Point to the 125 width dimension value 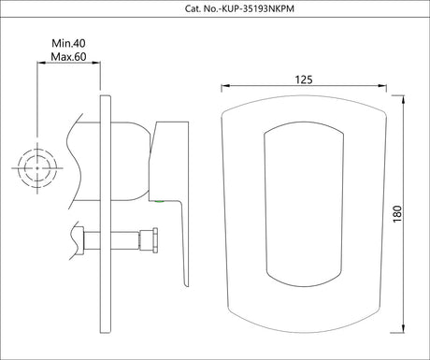click(x=302, y=79)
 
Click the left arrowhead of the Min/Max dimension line click(x=40, y=64)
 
